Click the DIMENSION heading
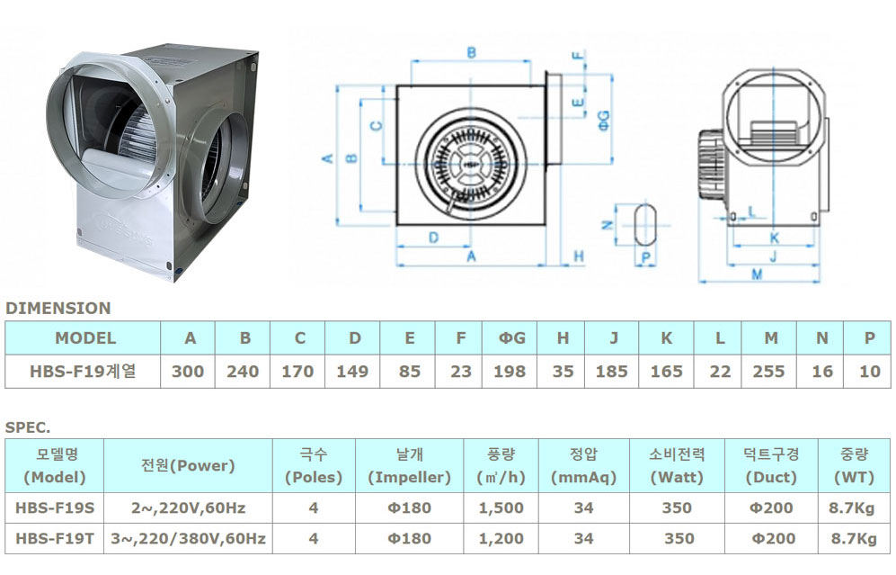(x=58, y=309)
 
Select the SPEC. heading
(x=28, y=427)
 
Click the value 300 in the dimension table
(x=188, y=372)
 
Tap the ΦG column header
(x=511, y=338)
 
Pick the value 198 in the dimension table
(x=510, y=372)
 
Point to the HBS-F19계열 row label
(x=83, y=372)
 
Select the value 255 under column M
(x=768, y=372)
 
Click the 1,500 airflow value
(x=501, y=508)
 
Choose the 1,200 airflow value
(x=501, y=538)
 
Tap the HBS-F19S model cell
(x=55, y=508)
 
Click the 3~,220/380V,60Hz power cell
(x=188, y=538)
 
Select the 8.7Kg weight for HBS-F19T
(x=854, y=538)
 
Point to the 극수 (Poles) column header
(x=314, y=466)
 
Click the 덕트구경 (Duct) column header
(x=771, y=466)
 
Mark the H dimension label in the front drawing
(x=578, y=256)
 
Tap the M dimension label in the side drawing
(x=757, y=274)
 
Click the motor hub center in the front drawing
(x=471, y=164)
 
